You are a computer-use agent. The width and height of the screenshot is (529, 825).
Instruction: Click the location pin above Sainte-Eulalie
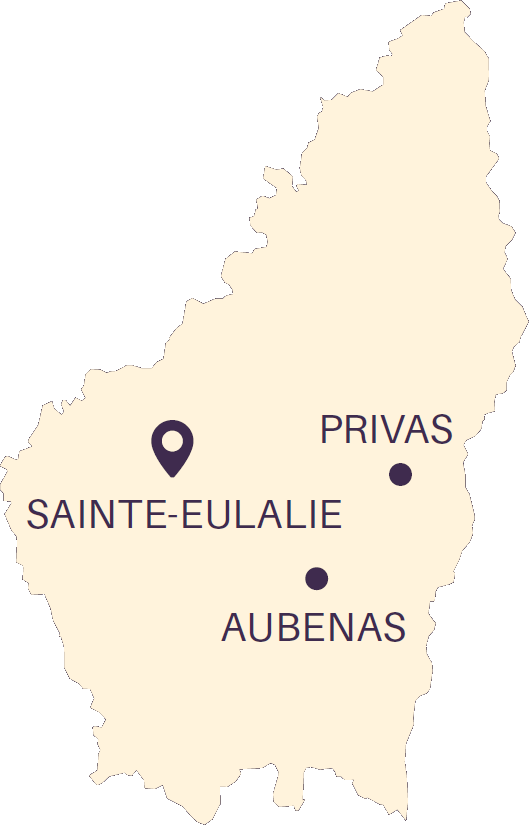[x=172, y=446]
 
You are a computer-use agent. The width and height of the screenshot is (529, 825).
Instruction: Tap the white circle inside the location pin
[x=172, y=439]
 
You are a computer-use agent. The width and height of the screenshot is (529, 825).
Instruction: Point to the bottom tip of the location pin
[x=172, y=475]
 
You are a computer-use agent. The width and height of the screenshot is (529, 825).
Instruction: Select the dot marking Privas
[x=400, y=474]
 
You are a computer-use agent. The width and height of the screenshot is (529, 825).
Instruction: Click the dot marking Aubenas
[x=317, y=578]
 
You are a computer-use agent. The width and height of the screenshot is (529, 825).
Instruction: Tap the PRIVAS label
[x=386, y=430]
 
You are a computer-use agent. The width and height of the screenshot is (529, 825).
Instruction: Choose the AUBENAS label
[x=313, y=627]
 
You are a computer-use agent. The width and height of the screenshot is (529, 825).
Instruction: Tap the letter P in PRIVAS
[x=331, y=430]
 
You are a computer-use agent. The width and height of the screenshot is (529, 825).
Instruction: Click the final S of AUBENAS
[x=394, y=627]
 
